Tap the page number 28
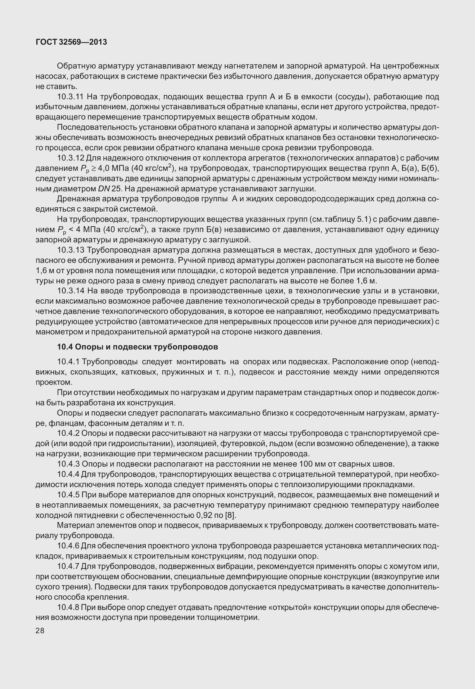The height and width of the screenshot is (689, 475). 40,631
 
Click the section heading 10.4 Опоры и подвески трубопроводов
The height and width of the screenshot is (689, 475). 138,347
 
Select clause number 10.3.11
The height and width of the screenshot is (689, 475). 71,97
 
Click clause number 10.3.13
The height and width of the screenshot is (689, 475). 71,250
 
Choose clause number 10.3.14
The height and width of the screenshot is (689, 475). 71,291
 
